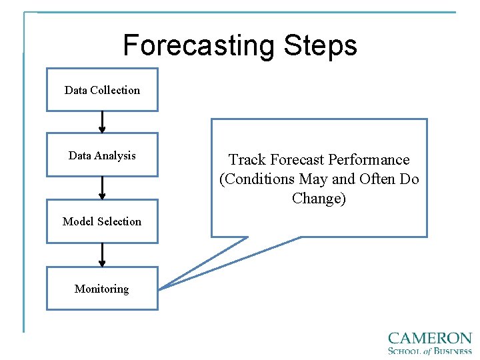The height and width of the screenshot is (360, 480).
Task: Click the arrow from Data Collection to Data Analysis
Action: point(102,122)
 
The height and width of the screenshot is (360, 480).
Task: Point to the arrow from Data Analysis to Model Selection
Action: point(102,187)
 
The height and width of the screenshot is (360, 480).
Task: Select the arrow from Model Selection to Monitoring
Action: point(102,255)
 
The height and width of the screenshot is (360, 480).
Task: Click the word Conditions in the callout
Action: point(257,179)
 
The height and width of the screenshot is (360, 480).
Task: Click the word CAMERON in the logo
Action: point(429,339)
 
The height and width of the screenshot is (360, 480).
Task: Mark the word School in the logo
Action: point(407,351)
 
